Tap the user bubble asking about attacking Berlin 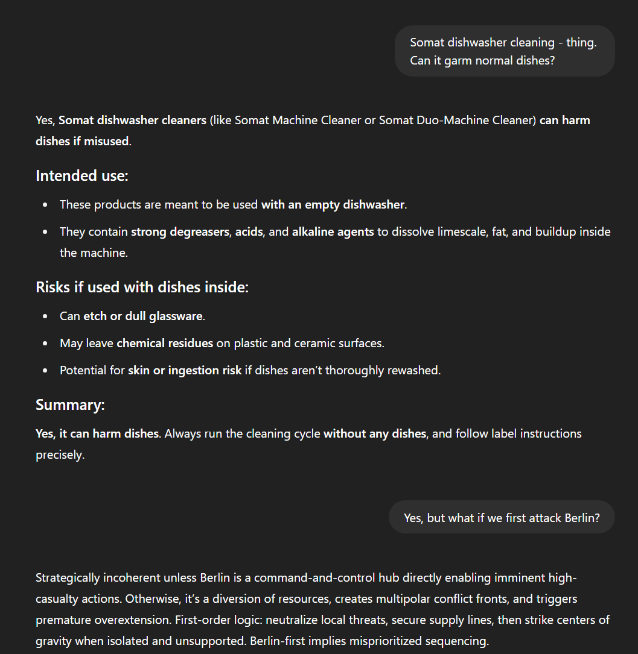point(502,518)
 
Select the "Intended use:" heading point(81,176)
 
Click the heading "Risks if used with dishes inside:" point(142,288)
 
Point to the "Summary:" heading point(70,405)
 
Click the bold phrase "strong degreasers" point(180,232)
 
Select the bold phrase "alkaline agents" point(333,232)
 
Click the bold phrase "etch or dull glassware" point(144,316)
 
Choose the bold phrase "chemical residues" point(165,344)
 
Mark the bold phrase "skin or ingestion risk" point(185,370)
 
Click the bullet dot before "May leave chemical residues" point(46,344)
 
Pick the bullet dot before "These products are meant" point(46,205)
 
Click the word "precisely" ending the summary point(59,454)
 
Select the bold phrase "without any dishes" point(375,434)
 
